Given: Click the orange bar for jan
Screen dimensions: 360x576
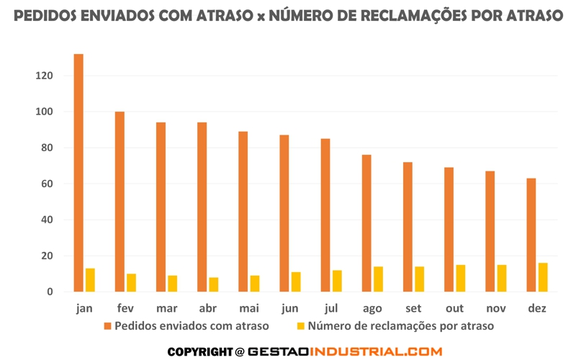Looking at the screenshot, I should click(78, 173).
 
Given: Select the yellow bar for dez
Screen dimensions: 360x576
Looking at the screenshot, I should click(543, 278).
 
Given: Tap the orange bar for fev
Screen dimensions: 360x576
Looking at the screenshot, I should click(120, 202).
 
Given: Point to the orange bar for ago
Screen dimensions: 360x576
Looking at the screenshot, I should click(366, 223).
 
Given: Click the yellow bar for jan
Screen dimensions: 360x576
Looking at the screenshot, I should click(90, 280).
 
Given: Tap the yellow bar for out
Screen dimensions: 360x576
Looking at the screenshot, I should click(461, 279).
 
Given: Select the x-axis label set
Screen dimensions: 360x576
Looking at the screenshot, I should click(413, 308).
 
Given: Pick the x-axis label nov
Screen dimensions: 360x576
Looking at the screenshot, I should click(495, 308).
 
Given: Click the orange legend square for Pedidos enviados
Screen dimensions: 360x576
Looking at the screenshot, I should click(108, 326).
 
